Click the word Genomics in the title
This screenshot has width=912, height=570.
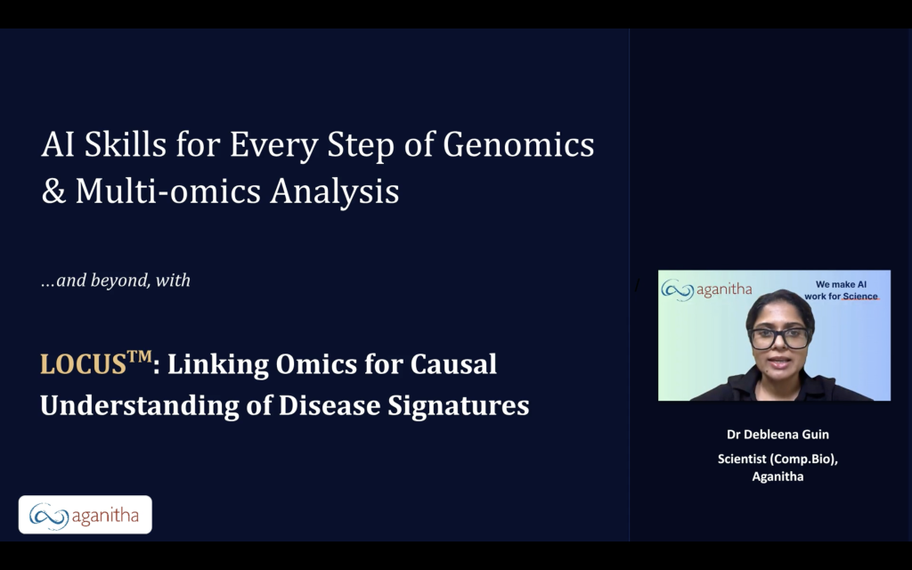518,144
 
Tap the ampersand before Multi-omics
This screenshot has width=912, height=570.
53,191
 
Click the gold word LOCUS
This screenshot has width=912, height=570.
83,364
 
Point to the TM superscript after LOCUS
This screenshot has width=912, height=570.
140,355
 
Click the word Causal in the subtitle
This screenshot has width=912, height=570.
453,364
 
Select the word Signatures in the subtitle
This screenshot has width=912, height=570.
459,405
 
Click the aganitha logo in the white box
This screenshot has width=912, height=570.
85,515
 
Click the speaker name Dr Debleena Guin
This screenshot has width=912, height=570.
778,435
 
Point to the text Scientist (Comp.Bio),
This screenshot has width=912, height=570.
778,459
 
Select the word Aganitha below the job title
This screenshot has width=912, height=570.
778,476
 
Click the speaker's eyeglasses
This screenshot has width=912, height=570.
779,338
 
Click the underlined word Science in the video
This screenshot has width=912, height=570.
860,296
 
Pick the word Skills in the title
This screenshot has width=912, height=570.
126,144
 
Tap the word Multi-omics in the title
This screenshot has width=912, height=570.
168,191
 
